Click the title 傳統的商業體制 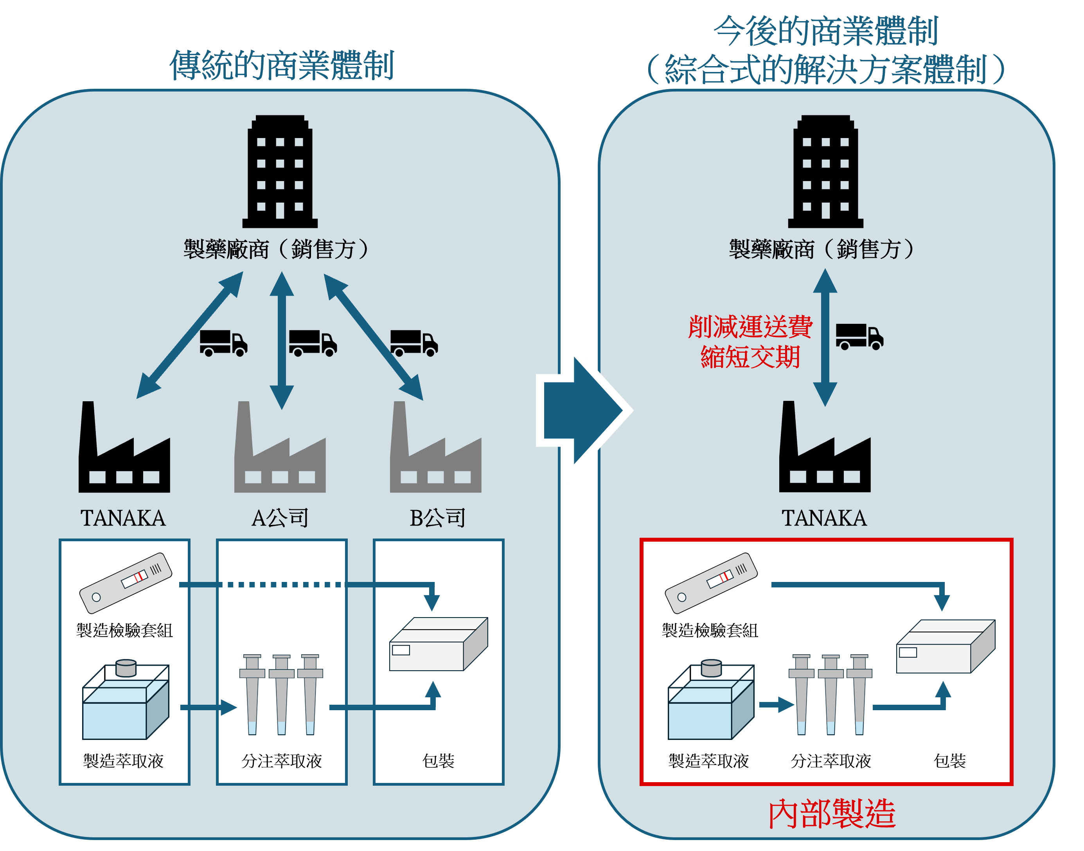click(282, 65)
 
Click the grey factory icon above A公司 click(280, 453)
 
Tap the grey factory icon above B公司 click(435, 453)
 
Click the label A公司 click(280, 518)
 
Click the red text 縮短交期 click(750, 357)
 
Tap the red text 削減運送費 click(750, 327)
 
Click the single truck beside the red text click(859, 338)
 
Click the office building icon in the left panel click(280, 172)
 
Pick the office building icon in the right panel click(825, 172)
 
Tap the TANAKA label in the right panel click(824, 518)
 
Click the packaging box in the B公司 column click(439, 644)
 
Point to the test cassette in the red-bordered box click(711, 582)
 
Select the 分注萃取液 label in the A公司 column click(282, 761)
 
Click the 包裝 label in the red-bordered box click(949, 761)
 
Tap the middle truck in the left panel click(313, 343)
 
